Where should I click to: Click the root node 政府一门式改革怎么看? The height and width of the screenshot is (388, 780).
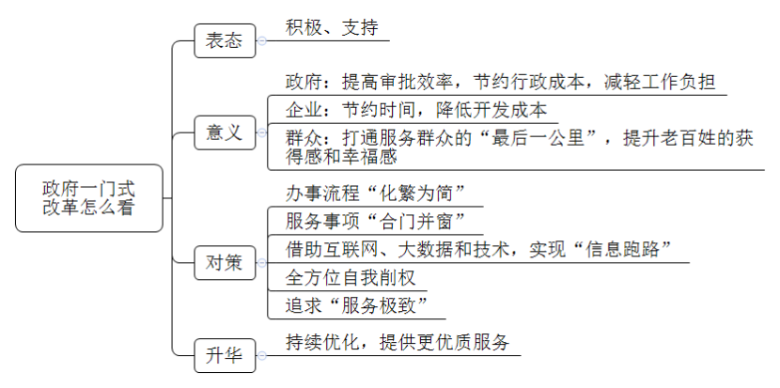click(89, 198)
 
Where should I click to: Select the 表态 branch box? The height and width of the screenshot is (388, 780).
click(225, 40)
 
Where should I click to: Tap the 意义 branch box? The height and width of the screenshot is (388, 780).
click(225, 132)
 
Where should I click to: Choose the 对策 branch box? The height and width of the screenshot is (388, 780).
click(225, 263)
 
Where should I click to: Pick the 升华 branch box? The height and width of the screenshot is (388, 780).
click(225, 356)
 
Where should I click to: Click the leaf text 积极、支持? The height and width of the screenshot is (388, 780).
click(332, 27)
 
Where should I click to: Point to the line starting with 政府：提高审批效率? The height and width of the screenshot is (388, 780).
click(501, 82)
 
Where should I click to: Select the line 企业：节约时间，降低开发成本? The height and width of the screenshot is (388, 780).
click(416, 110)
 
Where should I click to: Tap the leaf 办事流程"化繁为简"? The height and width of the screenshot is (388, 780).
click(376, 193)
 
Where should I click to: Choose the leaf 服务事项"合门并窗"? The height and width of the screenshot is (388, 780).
click(376, 221)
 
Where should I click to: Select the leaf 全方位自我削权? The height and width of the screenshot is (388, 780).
click(351, 277)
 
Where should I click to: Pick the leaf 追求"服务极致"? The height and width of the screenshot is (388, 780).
click(357, 305)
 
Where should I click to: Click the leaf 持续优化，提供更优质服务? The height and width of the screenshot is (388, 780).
click(398, 342)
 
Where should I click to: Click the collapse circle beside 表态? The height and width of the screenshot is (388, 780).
click(261, 40)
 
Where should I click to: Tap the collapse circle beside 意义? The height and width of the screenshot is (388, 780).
click(261, 132)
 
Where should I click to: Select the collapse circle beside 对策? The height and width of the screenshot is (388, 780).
click(261, 263)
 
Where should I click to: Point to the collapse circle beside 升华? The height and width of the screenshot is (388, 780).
click(261, 356)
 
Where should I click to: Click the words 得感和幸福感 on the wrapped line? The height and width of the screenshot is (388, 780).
click(341, 156)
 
